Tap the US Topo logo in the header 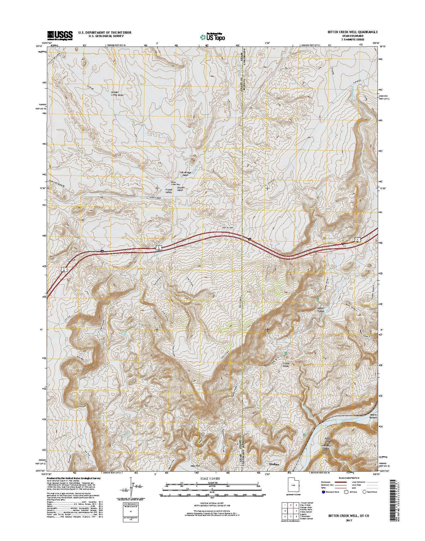212,36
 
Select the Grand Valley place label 169,191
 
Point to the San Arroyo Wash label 183,174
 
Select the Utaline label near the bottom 274,464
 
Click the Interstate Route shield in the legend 323,492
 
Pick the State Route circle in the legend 365,492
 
